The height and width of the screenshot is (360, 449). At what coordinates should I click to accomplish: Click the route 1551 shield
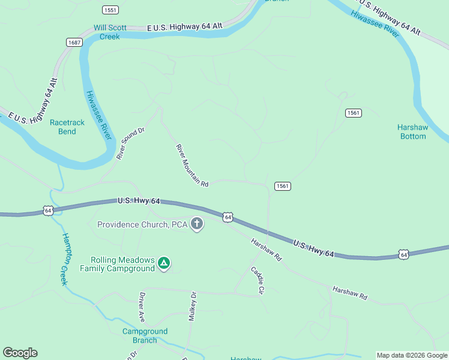click(x=110, y=10)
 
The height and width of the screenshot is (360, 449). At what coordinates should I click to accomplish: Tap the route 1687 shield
click(x=74, y=42)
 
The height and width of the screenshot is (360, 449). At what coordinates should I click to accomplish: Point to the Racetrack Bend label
click(x=67, y=127)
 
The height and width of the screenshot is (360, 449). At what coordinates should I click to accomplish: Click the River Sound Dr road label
click(x=131, y=143)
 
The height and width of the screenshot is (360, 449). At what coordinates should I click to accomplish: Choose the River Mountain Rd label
click(x=192, y=166)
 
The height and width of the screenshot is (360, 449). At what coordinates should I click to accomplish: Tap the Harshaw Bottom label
click(x=412, y=131)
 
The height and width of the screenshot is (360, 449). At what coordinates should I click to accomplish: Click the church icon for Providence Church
click(x=197, y=224)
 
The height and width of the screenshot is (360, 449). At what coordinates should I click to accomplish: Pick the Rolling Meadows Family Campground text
click(x=123, y=264)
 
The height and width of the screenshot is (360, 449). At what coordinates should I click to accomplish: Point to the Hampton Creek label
click(x=66, y=258)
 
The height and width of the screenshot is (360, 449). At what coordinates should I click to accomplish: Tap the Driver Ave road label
click(x=142, y=306)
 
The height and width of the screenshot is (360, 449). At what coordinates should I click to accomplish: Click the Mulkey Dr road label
click(x=193, y=307)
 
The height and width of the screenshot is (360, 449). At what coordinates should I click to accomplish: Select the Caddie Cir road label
click(x=258, y=280)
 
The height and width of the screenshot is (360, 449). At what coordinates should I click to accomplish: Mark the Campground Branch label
click(x=145, y=335)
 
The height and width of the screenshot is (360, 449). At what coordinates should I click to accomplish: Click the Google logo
click(x=20, y=353)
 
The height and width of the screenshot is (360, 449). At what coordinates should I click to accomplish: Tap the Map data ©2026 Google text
click(x=412, y=355)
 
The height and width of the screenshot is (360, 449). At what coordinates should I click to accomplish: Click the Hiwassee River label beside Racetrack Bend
click(x=99, y=115)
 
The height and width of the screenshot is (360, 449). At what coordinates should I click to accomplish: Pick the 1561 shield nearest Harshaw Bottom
click(x=353, y=113)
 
